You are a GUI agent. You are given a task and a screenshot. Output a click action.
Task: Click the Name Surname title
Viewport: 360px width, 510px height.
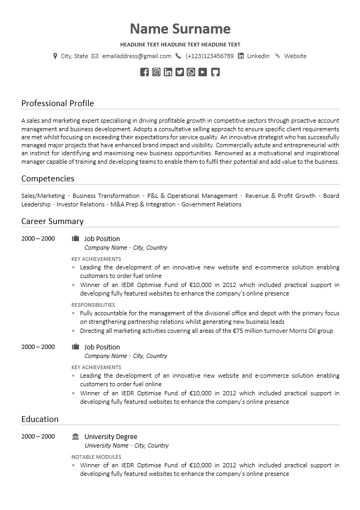[x=180, y=29]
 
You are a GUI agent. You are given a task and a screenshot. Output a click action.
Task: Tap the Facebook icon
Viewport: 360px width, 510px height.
[x=145, y=72]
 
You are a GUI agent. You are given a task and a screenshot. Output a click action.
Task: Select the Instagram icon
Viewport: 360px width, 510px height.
[x=156, y=72]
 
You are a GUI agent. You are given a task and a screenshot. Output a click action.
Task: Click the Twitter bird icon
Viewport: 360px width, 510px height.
[x=180, y=72]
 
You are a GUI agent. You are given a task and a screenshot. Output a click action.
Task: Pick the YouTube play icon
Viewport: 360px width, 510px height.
[x=203, y=72]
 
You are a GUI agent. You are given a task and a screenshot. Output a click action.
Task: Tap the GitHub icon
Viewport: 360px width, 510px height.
[x=215, y=72]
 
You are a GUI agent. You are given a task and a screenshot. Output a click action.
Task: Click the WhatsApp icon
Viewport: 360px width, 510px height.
[x=191, y=72]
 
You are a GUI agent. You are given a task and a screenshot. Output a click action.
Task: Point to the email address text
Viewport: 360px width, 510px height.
[x=137, y=56]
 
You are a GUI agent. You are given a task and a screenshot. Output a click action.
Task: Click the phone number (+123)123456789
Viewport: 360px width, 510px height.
[x=210, y=56]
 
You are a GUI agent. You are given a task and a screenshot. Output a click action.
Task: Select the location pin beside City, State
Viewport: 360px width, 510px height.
[x=55, y=56]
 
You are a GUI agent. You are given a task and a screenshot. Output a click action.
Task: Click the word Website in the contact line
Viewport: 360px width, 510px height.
[x=295, y=56]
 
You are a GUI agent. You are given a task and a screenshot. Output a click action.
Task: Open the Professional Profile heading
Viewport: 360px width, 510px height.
[x=58, y=103]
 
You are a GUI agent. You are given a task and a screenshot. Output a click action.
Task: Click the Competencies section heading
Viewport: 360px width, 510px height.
[x=47, y=178]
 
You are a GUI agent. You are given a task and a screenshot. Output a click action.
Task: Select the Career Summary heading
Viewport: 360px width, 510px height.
[x=52, y=221]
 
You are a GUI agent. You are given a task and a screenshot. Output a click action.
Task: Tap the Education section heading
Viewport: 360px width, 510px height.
[x=40, y=419]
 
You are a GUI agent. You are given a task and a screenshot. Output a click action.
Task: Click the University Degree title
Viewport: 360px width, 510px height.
[x=110, y=436]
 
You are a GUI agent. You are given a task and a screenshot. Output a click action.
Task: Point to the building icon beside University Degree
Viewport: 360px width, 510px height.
[x=75, y=436]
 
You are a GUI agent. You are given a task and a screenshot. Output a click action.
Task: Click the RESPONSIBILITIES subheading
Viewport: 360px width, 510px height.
[x=93, y=305]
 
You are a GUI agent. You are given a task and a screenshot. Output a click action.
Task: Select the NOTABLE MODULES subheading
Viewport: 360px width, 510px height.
[x=96, y=457]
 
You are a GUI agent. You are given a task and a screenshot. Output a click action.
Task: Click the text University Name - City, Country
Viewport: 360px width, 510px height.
[x=126, y=445]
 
